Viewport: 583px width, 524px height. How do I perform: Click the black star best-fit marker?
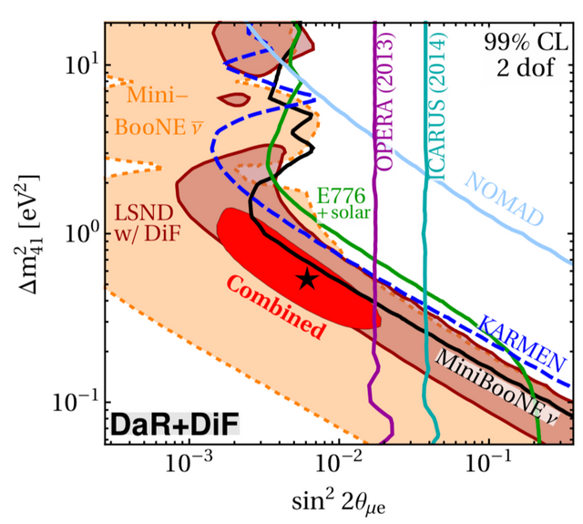[x=308, y=279]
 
